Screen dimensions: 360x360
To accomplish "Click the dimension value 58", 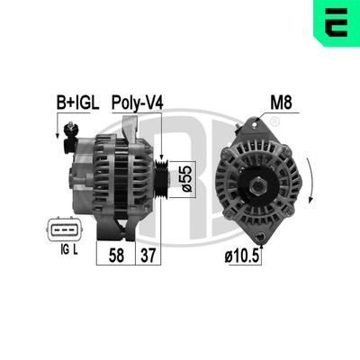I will [x=116, y=256].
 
